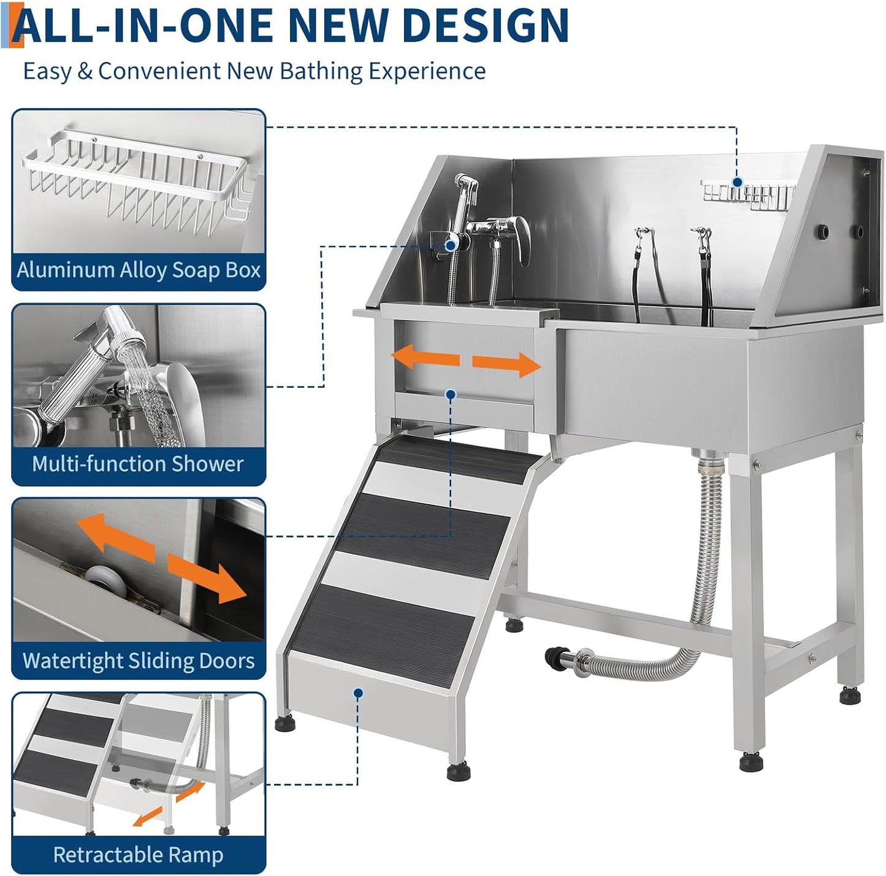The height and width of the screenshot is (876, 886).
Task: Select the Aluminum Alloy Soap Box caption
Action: (x=139, y=270)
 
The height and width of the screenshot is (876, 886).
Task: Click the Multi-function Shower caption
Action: (x=138, y=464)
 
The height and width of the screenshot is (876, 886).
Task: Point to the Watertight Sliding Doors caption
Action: (x=139, y=661)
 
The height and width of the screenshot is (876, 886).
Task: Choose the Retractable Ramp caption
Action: (x=139, y=855)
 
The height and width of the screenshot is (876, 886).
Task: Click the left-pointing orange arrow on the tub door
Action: (x=425, y=357)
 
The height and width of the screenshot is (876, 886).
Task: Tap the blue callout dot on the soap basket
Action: (x=737, y=182)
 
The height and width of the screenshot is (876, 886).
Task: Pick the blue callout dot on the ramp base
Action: (x=358, y=693)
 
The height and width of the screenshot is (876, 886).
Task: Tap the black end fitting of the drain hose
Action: (x=554, y=658)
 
